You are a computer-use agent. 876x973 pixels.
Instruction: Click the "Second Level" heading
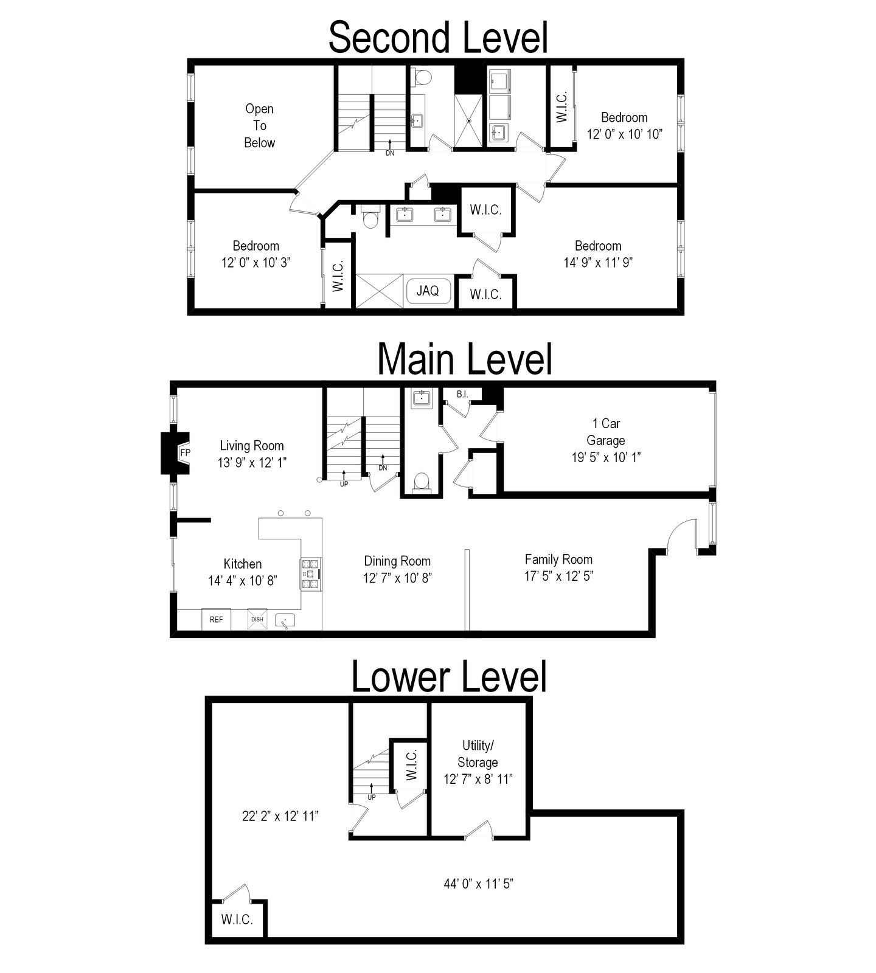pos(438,37)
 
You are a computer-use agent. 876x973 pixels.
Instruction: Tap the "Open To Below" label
pos(260,126)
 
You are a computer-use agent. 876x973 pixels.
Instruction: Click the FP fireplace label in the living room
pos(185,452)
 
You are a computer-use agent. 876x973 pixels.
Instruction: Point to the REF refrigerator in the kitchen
pos(216,619)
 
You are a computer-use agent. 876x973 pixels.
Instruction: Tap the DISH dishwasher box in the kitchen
pos(257,619)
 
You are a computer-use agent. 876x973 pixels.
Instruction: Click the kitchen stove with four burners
pos(311,573)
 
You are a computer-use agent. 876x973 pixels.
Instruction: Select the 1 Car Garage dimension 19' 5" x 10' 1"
pos(606,457)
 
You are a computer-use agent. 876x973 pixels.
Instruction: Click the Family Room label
pos(558,559)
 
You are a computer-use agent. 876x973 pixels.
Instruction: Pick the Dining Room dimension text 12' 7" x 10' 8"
pos(398,578)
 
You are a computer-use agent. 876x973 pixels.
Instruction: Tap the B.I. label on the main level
pos(462,394)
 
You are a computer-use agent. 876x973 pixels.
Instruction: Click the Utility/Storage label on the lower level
pos(478,754)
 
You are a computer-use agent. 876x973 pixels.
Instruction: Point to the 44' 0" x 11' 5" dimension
pos(479,884)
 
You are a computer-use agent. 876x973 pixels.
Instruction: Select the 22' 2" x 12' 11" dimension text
pos(280,816)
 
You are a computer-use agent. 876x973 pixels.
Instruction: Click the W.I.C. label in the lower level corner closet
pos(237,919)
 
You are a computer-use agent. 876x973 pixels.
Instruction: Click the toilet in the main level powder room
pos(421,482)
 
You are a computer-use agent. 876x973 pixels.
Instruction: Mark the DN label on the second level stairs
pos(390,153)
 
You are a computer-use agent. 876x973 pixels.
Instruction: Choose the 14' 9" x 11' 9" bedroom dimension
pos(599,263)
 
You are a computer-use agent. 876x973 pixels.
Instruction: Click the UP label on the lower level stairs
pos(372,797)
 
